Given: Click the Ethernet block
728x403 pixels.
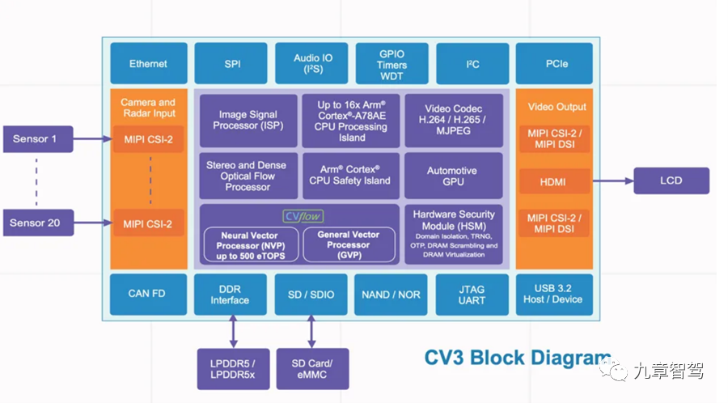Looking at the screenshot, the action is (x=149, y=64).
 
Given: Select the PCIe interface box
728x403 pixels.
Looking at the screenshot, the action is (x=554, y=64).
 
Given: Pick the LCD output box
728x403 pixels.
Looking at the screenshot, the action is (x=671, y=180).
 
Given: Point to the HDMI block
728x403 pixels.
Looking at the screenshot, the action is (x=554, y=181).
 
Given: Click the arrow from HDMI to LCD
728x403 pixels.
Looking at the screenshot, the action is (x=613, y=181).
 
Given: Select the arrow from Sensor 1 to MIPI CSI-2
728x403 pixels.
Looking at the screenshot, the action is (x=93, y=139).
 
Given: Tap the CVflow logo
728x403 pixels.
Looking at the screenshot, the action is (x=303, y=216).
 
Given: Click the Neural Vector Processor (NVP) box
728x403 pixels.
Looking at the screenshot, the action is (x=252, y=244).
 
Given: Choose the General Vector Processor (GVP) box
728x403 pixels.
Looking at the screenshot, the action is (x=349, y=244).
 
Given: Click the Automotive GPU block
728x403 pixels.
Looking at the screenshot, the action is (x=454, y=176).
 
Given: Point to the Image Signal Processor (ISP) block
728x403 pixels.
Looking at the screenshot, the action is (x=248, y=121).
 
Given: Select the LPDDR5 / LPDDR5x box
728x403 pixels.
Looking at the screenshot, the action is (x=233, y=369).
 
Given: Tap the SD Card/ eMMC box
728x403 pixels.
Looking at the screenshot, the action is (x=312, y=369).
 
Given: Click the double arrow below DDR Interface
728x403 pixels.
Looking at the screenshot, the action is (x=233, y=332).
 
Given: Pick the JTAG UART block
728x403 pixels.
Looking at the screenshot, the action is (x=472, y=295).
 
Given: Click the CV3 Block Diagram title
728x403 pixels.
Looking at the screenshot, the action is (x=518, y=358).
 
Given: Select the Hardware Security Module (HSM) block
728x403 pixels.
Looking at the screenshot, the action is (x=454, y=235).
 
